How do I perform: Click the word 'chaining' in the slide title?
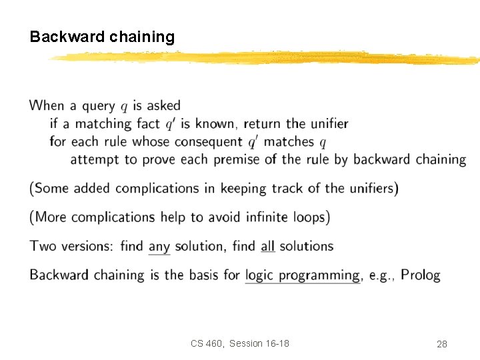click(x=141, y=37)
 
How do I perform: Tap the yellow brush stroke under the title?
click(x=267, y=59)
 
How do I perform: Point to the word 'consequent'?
click(x=209, y=142)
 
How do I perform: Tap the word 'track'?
click(x=287, y=189)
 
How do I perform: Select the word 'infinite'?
click(x=244, y=217)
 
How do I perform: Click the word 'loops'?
click(x=307, y=217)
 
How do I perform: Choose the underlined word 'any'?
click(x=159, y=247)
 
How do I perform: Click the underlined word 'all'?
click(x=267, y=246)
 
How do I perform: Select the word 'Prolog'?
click(x=421, y=275)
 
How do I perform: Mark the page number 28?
click(x=441, y=344)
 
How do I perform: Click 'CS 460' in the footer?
click(x=207, y=343)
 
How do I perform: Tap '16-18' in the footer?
click(x=276, y=343)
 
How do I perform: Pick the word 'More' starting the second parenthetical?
click(x=51, y=217)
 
